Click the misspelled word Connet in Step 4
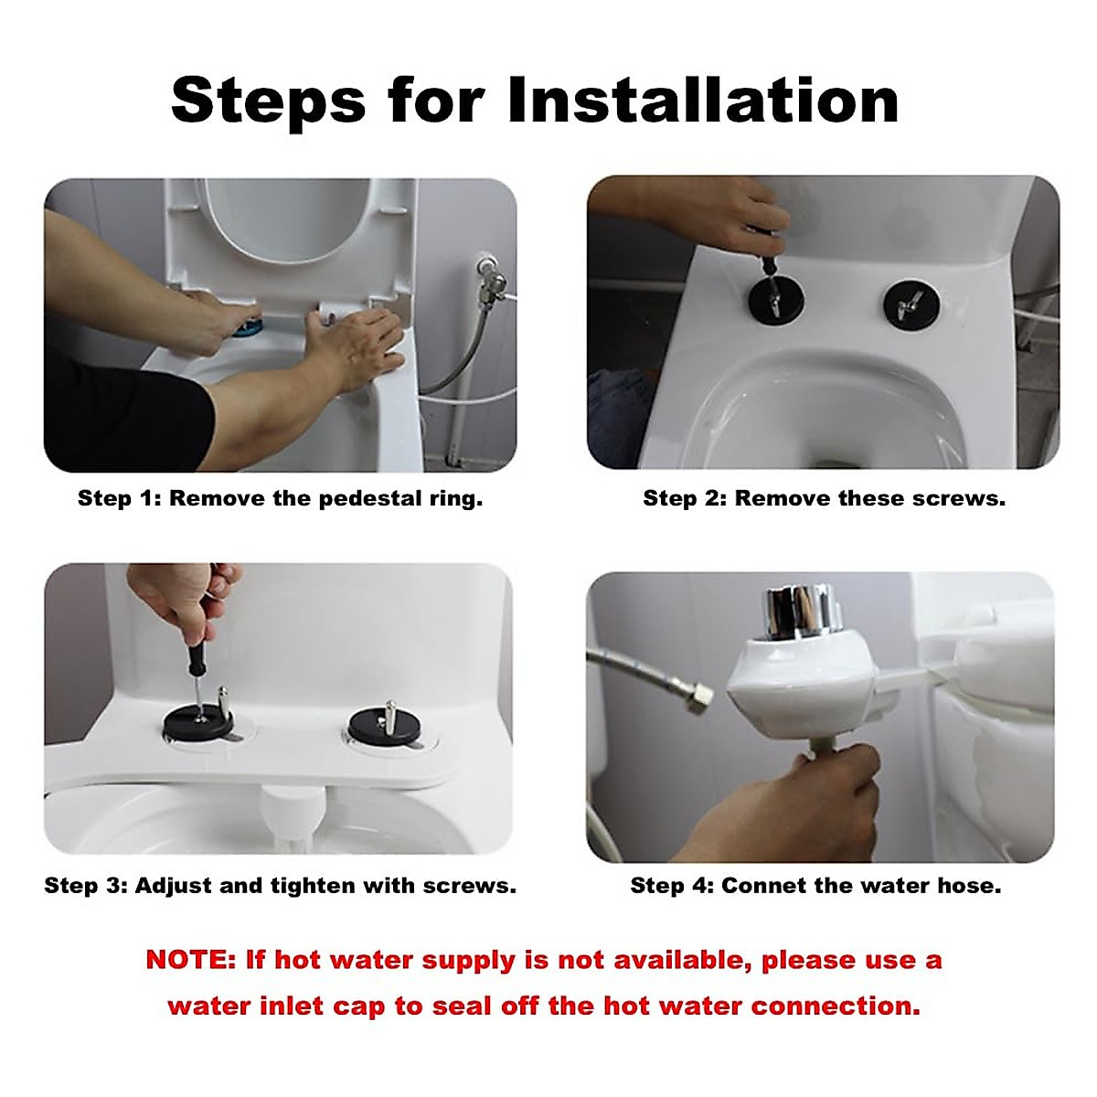click(756, 886)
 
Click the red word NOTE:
click(191, 960)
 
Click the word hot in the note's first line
click(297, 960)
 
